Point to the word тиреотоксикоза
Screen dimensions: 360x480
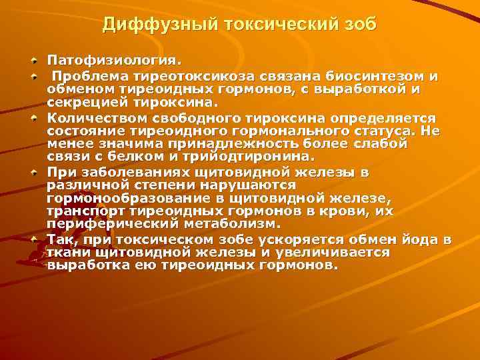173,75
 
